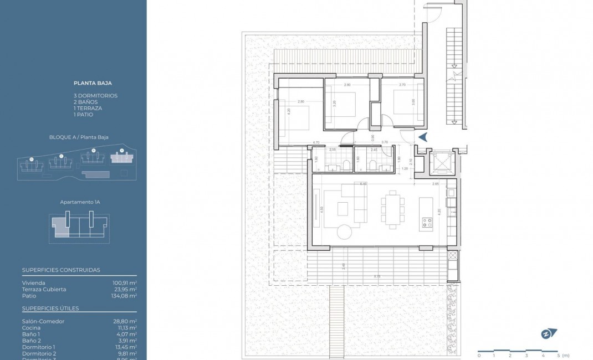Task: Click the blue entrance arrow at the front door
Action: coord(422,137)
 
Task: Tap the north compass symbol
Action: coord(549,333)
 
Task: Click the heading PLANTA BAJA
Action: coord(93,83)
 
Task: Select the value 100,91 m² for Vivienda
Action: coord(125,282)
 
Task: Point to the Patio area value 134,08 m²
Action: coord(124,296)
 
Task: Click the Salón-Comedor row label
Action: coord(43,321)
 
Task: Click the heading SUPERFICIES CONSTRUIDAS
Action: coord(61,270)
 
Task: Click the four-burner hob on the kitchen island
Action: coord(428,223)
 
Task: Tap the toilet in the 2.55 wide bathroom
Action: coord(345,164)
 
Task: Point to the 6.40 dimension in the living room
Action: coord(364,183)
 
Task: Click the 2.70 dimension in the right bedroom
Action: coord(402,85)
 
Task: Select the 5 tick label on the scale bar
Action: coord(559,355)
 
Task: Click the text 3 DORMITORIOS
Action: coord(95,96)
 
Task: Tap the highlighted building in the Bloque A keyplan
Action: coord(121,158)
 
